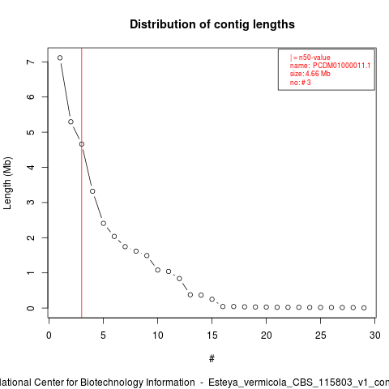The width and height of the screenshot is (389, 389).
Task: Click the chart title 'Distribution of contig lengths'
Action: (212, 24)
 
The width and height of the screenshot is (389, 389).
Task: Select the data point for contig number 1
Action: (60, 58)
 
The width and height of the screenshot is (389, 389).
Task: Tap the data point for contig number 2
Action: (71, 122)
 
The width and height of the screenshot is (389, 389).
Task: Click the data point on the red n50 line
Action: (82, 144)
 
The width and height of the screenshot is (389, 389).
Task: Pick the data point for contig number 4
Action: (92, 191)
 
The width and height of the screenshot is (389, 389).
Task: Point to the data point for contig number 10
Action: (158, 270)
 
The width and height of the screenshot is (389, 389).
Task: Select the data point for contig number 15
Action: (212, 299)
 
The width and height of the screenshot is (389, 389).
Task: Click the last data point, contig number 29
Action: (364, 308)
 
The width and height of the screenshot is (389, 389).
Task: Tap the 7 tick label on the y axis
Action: (31, 62)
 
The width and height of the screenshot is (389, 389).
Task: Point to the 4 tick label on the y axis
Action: (31, 167)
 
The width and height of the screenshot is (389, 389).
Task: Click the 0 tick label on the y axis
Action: (31, 308)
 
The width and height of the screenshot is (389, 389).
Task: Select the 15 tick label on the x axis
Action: (212, 336)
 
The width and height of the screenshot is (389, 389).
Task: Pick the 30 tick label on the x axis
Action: (375, 336)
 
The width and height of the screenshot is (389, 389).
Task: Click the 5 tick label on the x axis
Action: (103, 336)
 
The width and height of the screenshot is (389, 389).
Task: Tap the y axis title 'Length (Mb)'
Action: (7, 183)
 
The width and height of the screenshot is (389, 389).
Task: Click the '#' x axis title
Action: (212, 359)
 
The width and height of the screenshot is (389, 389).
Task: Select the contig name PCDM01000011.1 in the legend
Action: (341, 66)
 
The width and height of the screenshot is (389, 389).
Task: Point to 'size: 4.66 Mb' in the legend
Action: (310, 74)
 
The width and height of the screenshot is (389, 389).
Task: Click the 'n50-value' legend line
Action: (310, 58)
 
